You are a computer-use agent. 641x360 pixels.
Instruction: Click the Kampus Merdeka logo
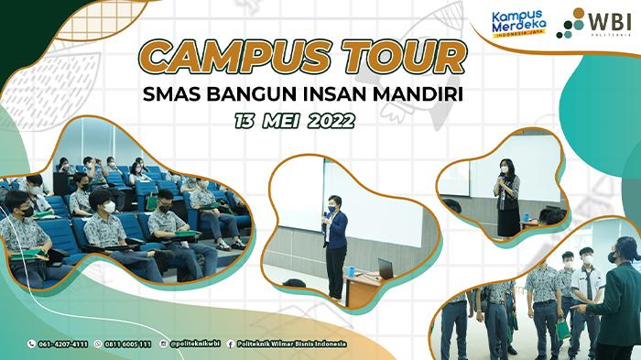click(517, 22)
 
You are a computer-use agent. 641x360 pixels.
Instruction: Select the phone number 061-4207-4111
click(63, 344)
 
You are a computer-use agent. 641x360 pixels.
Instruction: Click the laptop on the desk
click(386, 268)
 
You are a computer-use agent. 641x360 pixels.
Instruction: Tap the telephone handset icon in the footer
click(31, 344)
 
